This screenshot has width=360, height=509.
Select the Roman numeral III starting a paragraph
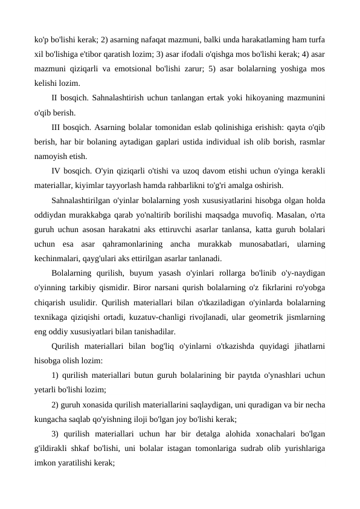point(57,127)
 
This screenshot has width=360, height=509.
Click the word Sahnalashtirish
point(112,97)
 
